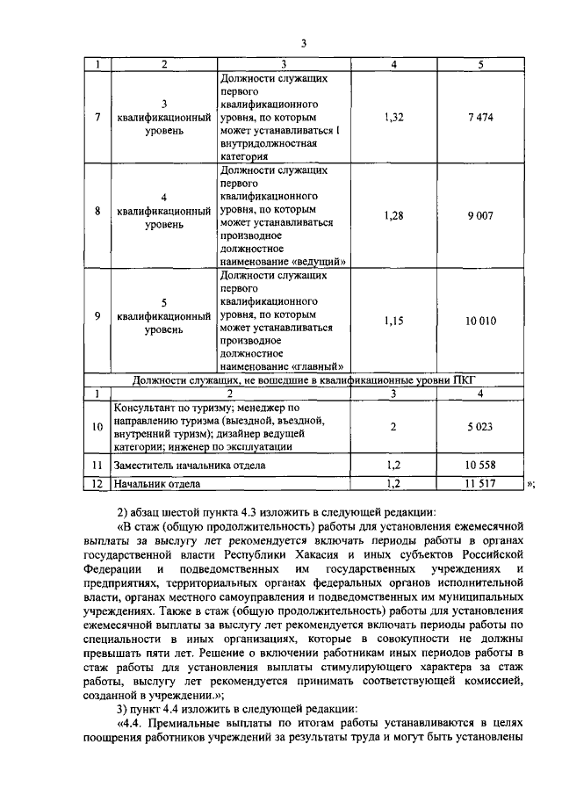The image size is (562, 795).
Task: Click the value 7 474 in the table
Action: pyautogui.click(x=480, y=118)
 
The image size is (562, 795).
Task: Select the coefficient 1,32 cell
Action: pyautogui.click(x=394, y=118)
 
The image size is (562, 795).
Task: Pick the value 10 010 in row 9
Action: pyautogui.click(x=480, y=321)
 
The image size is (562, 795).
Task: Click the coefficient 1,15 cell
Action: pyautogui.click(x=394, y=321)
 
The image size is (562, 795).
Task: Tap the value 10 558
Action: pyautogui.click(x=480, y=466)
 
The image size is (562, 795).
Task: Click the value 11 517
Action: pyautogui.click(x=480, y=484)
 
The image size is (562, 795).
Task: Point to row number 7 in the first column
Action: pyautogui.click(x=97, y=118)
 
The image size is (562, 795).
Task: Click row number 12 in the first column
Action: pyautogui.click(x=97, y=484)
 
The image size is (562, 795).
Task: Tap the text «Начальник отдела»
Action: pyautogui.click(x=157, y=484)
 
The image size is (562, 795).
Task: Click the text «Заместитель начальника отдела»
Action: pyautogui.click(x=191, y=466)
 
